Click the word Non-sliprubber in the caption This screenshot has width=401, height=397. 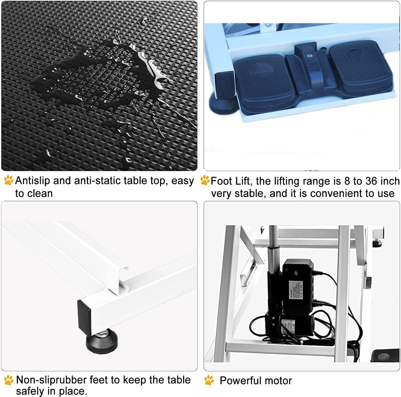click(51, 380)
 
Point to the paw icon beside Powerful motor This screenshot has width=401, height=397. click(209, 380)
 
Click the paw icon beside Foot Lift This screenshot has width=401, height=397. click(205, 180)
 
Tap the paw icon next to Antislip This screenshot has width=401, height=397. click(9, 180)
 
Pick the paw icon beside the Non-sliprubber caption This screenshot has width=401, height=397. click(9, 380)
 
